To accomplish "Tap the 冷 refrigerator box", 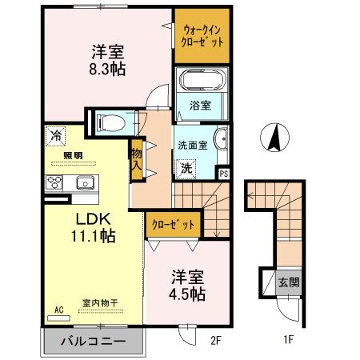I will tap(55, 136).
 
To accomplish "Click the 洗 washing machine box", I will tap(186, 169).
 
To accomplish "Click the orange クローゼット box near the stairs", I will tap(173, 225).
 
